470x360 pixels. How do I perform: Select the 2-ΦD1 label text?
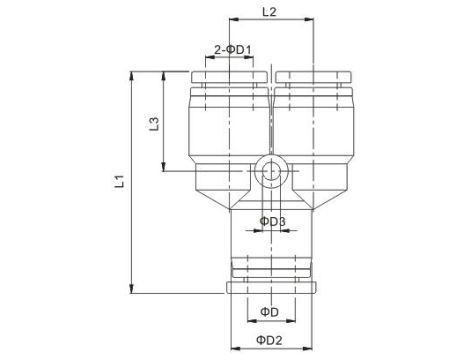coord(232,48)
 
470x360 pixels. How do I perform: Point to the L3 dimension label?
coord(152,124)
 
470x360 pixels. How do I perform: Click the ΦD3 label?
coord(273,221)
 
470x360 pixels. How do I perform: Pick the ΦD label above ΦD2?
coord(269,313)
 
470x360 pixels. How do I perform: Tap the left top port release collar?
coord(230,77)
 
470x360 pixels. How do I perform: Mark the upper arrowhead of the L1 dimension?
coord(132,74)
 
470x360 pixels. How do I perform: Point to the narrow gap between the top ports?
coord(271,110)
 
